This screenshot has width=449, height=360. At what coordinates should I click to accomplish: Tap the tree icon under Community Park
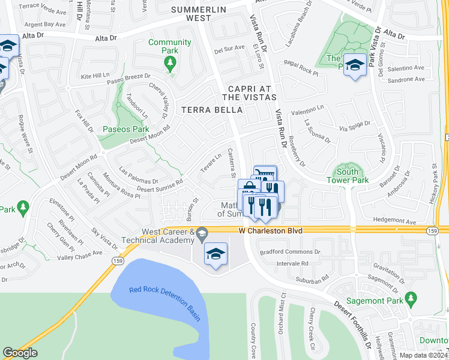(x=171, y=62)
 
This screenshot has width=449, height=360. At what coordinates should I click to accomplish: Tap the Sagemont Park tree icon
(x=411, y=298)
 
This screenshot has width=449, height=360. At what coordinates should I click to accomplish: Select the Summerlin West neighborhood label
(x=190, y=14)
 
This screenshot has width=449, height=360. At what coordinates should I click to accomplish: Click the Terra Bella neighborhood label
(x=212, y=110)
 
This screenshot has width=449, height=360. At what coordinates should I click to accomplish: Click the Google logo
(x=20, y=353)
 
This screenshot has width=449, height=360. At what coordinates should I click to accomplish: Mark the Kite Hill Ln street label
(x=97, y=77)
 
